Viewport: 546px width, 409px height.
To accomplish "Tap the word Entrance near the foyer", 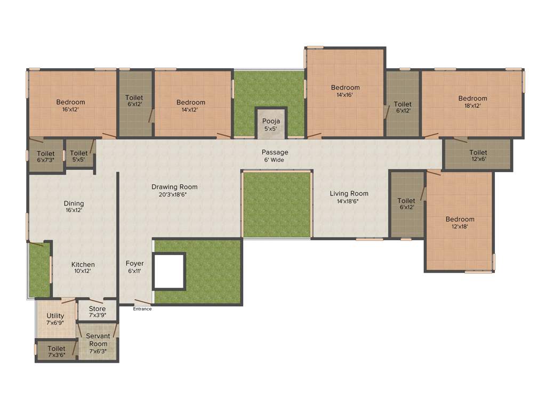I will click(142, 309).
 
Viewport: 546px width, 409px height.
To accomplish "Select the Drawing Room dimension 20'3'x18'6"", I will click(174, 195).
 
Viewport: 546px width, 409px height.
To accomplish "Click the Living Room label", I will click(349, 193).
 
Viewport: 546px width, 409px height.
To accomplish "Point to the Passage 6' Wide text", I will click(275, 156).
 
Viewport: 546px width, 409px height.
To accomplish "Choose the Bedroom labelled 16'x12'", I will click(71, 105).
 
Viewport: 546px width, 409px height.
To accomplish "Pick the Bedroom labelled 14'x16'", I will click(345, 91).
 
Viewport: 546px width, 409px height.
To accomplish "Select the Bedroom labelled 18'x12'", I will click(472, 102).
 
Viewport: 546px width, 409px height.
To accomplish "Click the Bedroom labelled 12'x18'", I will click(460, 223).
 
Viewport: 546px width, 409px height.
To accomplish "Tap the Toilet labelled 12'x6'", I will click(478, 156).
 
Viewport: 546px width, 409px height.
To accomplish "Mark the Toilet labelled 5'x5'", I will click(79, 157).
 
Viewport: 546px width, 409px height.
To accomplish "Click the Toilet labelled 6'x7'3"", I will click(46, 157).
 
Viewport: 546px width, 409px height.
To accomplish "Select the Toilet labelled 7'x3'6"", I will click(56, 351).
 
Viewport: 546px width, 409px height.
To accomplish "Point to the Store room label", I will click(97, 312).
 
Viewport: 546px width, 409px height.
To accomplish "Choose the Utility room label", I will click(55, 319).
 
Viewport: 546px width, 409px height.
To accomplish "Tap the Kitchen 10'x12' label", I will click(83, 267).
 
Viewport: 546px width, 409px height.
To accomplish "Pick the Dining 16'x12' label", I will click(74, 207).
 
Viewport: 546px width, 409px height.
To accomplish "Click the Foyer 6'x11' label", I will click(134, 267).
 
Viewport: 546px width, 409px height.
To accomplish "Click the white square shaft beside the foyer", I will click(169, 271).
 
